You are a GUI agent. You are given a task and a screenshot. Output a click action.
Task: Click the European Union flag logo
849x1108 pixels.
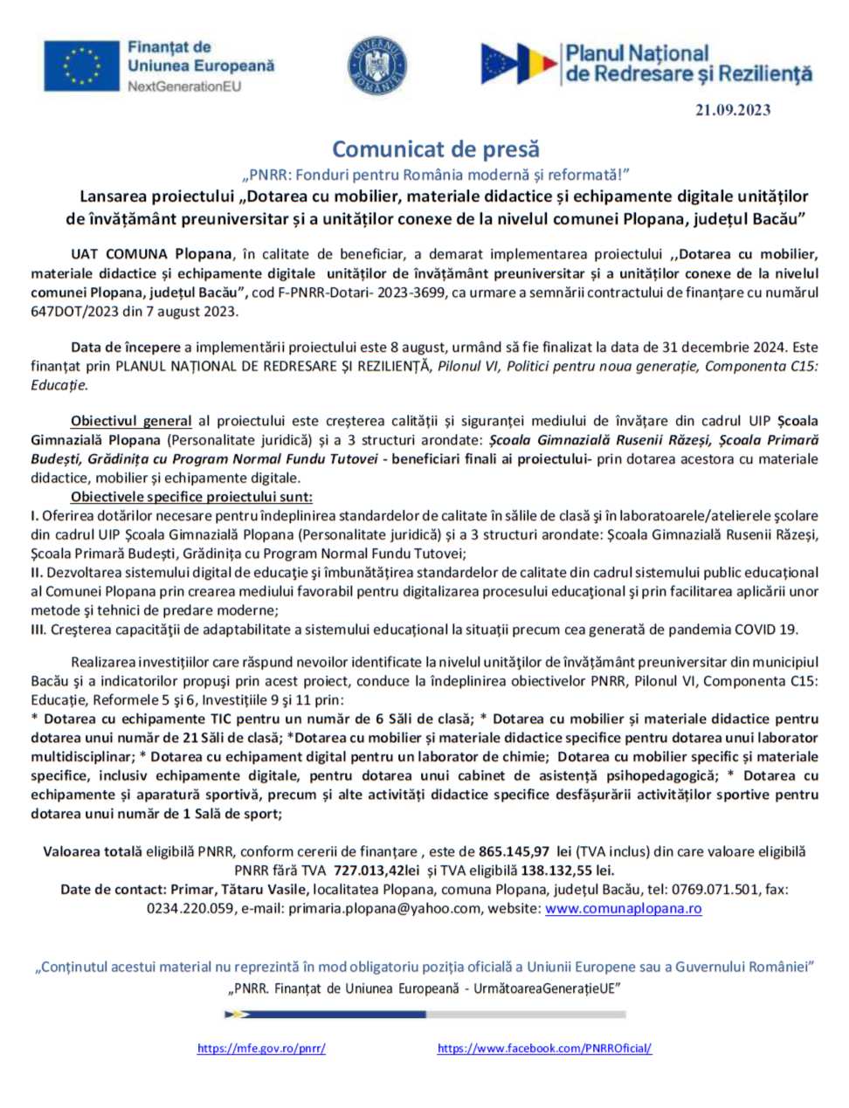pyautogui.click(x=81, y=65)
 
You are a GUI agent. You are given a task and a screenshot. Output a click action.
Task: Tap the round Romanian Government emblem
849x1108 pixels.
pyautogui.click(x=377, y=65)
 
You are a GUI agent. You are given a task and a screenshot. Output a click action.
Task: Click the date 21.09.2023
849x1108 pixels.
pyautogui.click(x=733, y=110)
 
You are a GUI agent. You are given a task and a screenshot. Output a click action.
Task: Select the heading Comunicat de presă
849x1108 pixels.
pyautogui.click(x=436, y=149)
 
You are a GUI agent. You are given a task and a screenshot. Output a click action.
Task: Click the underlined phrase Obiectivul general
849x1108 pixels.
pyautogui.click(x=131, y=421)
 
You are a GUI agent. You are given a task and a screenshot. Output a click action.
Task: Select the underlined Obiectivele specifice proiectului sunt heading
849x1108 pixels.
pyautogui.click(x=191, y=497)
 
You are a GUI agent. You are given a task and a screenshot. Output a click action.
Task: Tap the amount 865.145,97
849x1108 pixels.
pyautogui.click(x=514, y=851)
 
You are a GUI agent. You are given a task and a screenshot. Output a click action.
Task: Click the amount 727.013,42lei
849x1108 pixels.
pyautogui.click(x=376, y=871)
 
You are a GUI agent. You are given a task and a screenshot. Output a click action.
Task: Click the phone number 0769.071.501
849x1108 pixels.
pyautogui.click(x=715, y=890)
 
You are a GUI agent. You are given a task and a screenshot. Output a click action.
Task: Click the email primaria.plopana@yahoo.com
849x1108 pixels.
pyautogui.click(x=384, y=909)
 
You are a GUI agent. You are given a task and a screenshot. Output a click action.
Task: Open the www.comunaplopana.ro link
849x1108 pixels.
pyautogui.click(x=623, y=909)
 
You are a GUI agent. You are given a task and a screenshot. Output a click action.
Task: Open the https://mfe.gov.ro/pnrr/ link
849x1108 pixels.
pyautogui.click(x=261, y=1049)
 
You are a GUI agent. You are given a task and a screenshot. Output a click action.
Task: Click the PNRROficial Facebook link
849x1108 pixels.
pyautogui.click(x=544, y=1049)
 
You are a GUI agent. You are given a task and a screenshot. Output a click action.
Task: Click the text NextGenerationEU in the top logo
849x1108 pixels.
pyautogui.click(x=184, y=86)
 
